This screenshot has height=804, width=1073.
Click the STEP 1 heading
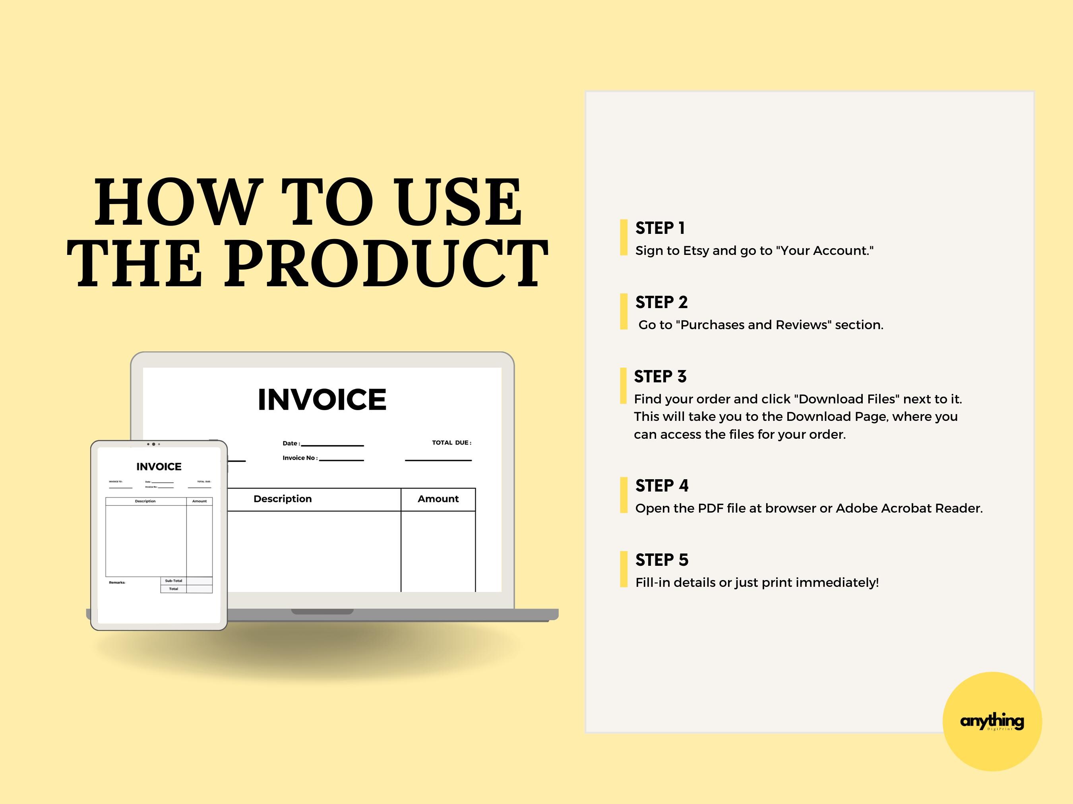(660, 228)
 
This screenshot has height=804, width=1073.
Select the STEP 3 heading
(660, 376)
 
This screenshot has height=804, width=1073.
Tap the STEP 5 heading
(662, 560)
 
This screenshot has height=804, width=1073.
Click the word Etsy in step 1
(695, 251)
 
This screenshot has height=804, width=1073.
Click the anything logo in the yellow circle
(992, 721)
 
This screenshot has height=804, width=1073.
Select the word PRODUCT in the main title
(385, 264)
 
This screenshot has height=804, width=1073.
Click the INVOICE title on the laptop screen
(322, 400)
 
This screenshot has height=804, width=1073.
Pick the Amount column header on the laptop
(438, 499)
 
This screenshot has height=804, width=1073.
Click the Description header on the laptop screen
(282, 499)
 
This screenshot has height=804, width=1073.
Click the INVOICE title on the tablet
(159, 467)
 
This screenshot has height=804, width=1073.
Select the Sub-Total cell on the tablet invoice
(173, 580)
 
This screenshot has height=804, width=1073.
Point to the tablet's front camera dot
(154, 444)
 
